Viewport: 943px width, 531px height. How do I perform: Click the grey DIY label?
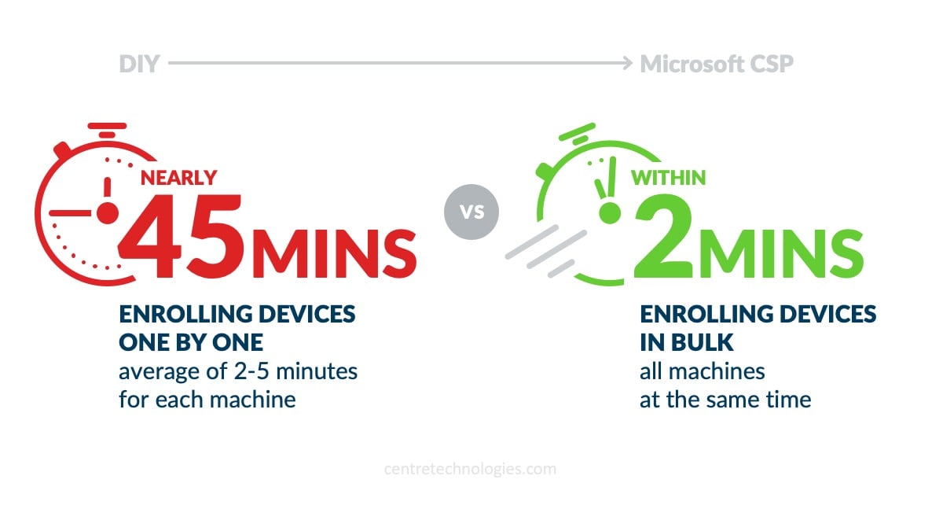click(139, 64)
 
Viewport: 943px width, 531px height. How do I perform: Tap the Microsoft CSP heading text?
click(717, 64)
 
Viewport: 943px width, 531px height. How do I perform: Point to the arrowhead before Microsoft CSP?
click(628, 63)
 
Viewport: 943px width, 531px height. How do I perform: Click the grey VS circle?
click(472, 212)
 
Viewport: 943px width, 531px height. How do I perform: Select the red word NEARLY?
click(178, 178)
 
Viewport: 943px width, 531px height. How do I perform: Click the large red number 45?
click(181, 235)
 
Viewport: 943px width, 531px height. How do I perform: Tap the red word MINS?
click(334, 253)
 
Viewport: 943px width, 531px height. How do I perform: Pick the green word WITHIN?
click(668, 178)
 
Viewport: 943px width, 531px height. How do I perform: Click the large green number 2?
click(664, 235)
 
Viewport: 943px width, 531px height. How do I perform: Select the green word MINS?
click(781, 253)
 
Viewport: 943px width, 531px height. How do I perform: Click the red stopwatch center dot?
click(108, 213)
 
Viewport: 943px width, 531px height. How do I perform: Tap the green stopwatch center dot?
click(610, 213)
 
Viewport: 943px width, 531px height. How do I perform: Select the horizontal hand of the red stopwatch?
click(70, 213)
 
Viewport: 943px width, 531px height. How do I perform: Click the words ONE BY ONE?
click(191, 342)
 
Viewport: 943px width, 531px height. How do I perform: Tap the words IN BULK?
click(687, 342)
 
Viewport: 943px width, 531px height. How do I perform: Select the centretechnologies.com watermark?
click(470, 469)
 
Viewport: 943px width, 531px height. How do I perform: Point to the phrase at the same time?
click(725, 400)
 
